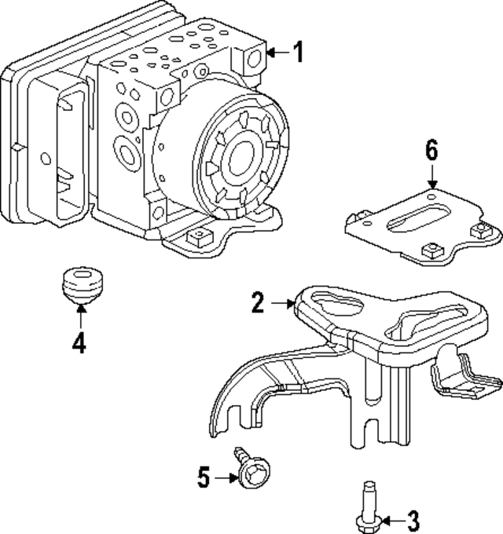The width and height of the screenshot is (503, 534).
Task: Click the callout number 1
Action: (297, 53)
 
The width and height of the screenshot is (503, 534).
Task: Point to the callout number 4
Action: (79, 343)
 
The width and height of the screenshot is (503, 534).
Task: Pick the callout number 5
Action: (203, 477)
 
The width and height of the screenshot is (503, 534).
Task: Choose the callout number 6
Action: (431, 151)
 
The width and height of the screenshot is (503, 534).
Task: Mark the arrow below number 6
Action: (431, 176)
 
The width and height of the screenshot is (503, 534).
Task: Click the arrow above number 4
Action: (79, 316)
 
